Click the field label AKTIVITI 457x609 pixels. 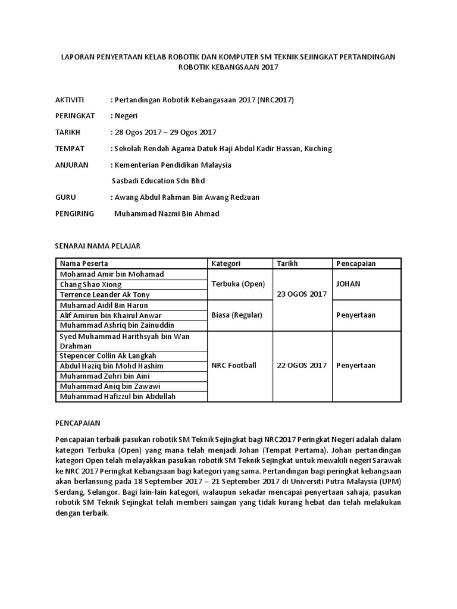point(70,99)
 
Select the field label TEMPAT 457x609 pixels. point(70,148)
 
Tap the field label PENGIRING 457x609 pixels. point(74,214)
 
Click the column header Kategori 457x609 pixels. point(226,263)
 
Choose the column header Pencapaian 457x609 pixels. point(356,263)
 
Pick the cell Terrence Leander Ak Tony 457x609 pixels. point(104,294)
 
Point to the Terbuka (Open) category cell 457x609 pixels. point(238,284)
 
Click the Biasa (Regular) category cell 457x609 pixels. point(237,315)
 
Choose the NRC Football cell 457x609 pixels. point(234,365)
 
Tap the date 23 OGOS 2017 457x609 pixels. point(302,294)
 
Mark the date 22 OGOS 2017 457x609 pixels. point(302,365)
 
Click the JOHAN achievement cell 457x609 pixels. point(348,284)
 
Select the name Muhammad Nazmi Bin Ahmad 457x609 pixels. point(166,214)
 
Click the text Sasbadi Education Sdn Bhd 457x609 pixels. point(158,181)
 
